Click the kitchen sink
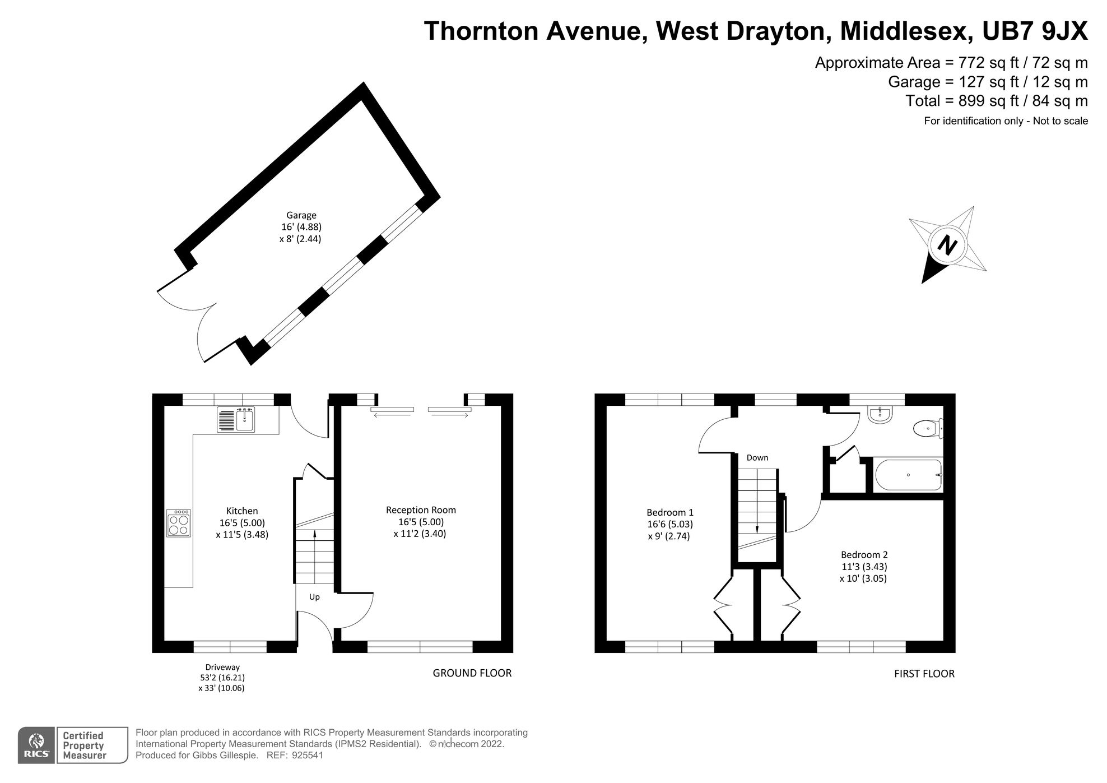(x=236, y=420)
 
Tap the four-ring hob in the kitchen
(x=179, y=523)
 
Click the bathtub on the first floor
(x=908, y=475)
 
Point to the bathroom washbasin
(x=880, y=415)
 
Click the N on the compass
(x=947, y=245)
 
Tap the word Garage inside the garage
(x=301, y=215)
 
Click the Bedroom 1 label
(x=670, y=512)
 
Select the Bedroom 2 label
(x=864, y=555)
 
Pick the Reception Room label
(x=421, y=510)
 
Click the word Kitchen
(x=242, y=511)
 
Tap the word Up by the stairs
(x=314, y=597)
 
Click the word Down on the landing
(x=757, y=458)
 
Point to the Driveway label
(x=222, y=667)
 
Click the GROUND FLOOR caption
(x=472, y=673)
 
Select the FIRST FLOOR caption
(x=924, y=674)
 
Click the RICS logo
(x=36, y=745)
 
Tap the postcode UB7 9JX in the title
(x=1035, y=31)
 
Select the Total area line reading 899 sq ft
(x=997, y=101)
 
